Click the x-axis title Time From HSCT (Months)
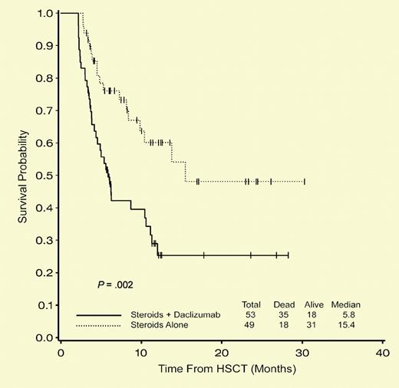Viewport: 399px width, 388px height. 222,370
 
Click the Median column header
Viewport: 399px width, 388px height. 345,304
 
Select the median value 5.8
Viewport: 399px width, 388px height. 345,314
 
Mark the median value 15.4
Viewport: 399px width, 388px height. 345,326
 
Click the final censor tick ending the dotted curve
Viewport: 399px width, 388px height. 305,182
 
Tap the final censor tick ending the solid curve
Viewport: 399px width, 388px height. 289,255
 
